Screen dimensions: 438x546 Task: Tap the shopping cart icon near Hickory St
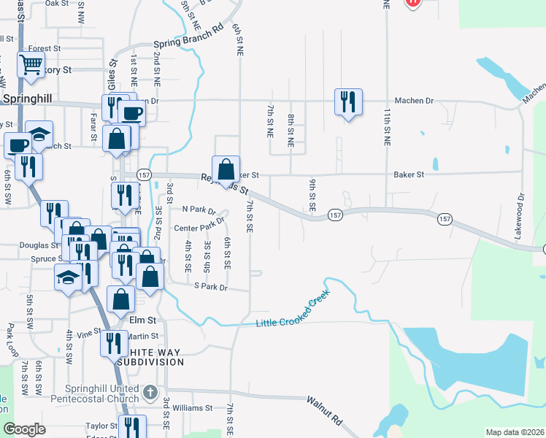point(31,65)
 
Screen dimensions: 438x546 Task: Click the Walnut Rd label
point(326,411)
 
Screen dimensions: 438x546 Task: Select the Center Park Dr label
point(196,228)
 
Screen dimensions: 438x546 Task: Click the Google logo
point(25,429)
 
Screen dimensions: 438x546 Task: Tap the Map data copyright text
point(514,432)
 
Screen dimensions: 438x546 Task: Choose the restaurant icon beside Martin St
point(114,342)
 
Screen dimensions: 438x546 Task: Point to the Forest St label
point(44,49)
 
